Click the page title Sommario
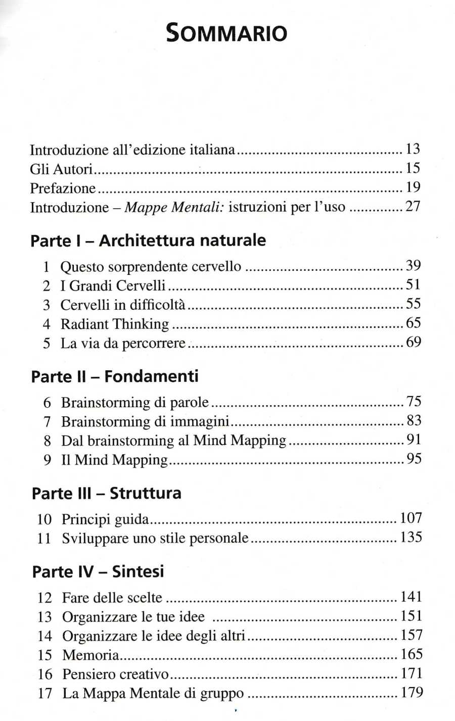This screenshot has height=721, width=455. [x=227, y=33]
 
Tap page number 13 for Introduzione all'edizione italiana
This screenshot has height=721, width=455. [x=413, y=150]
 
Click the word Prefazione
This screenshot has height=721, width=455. [x=63, y=188]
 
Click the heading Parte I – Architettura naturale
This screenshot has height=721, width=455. [x=148, y=240]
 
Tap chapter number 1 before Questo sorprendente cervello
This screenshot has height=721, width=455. [x=47, y=267]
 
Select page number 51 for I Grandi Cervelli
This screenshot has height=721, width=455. [x=413, y=285]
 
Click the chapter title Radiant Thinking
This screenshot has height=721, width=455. [x=115, y=324]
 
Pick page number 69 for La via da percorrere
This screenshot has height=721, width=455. [x=414, y=343]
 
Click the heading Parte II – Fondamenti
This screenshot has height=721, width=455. [x=115, y=376]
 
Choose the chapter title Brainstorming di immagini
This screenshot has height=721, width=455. [x=146, y=421]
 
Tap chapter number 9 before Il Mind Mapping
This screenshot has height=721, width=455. [x=47, y=460]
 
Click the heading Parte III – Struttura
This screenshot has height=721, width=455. [x=106, y=493]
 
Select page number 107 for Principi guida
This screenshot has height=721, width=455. [x=411, y=518]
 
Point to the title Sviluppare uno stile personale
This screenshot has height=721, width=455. [x=155, y=538]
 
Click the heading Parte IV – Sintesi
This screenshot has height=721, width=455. [x=98, y=571]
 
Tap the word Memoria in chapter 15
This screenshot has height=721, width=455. [x=90, y=655]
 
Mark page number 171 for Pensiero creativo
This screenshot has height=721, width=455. [x=411, y=674]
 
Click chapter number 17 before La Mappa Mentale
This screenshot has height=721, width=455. [x=44, y=693]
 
